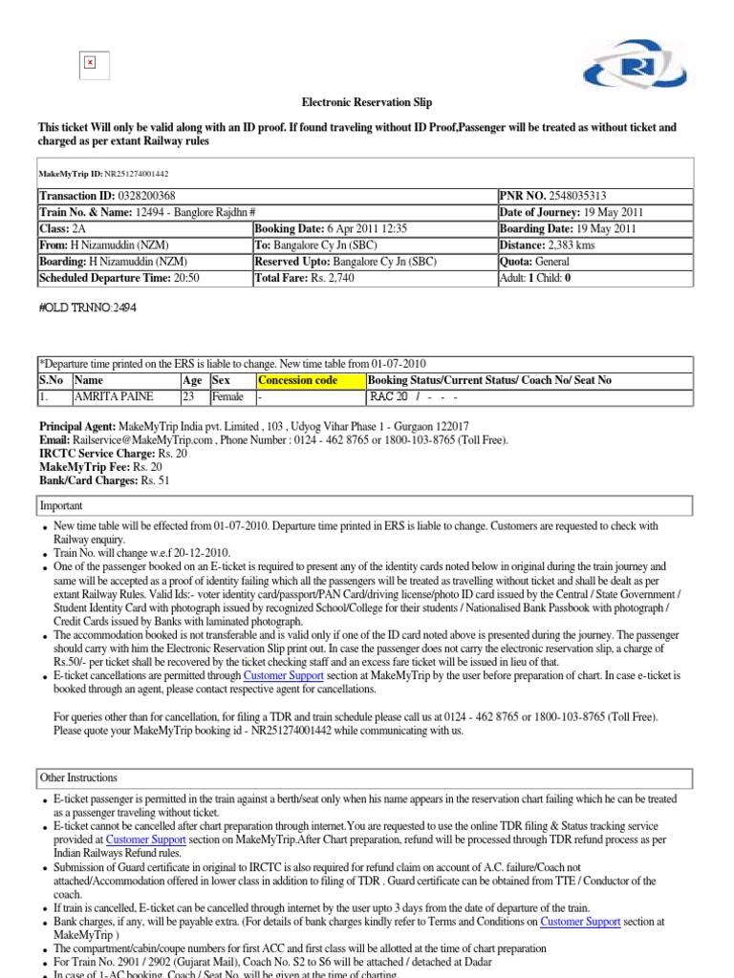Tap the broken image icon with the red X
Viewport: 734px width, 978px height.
coord(90,63)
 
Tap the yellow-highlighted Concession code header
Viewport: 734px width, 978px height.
coord(297,380)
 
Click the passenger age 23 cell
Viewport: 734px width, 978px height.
coord(189,396)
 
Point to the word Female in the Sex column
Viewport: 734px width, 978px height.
coord(227,396)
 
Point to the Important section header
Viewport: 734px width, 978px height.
coord(61,506)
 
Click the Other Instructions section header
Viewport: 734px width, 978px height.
coord(78,777)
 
